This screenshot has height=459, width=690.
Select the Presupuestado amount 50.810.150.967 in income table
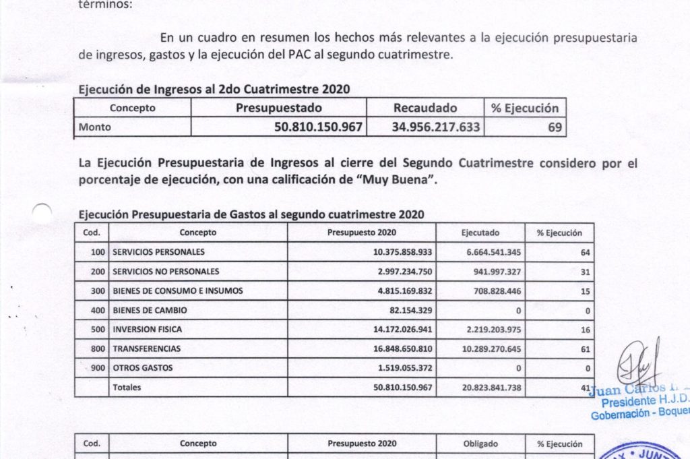(x=318, y=127)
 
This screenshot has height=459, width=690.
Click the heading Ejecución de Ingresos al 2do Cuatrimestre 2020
(x=214, y=89)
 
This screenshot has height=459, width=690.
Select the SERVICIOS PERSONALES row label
(x=158, y=252)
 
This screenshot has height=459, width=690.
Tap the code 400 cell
(x=98, y=311)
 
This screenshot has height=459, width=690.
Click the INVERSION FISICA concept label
(x=147, y=330)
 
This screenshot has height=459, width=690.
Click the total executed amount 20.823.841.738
(x=482, y=388)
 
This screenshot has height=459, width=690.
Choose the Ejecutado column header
(x=480, y=233)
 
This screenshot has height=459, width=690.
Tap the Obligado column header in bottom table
(x=480, y=443)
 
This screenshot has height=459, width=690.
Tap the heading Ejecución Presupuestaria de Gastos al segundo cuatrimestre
(x=251, y=215)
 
